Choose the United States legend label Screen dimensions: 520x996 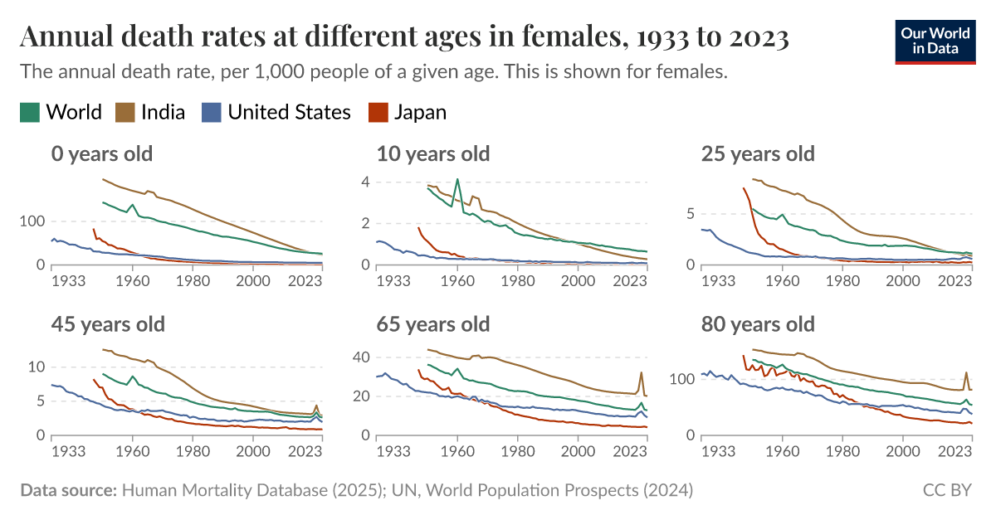tap(289, 112)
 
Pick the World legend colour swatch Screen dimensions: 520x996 tap(30, 112)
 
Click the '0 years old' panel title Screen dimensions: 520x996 tap(101, 153)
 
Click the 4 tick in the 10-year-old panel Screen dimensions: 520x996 tap(364, 182)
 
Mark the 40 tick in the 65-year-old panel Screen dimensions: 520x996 tap(360, 357)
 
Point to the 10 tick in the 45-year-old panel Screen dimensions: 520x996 tap(35, 367)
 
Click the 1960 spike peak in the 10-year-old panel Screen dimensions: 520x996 tap(457, 179)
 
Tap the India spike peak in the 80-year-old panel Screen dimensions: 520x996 tap(966, 372)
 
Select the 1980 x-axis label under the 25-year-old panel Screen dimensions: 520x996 tap(842, 280)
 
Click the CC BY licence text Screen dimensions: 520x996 tap(947, 490)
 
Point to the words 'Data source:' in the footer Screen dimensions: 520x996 tap(68, 490)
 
